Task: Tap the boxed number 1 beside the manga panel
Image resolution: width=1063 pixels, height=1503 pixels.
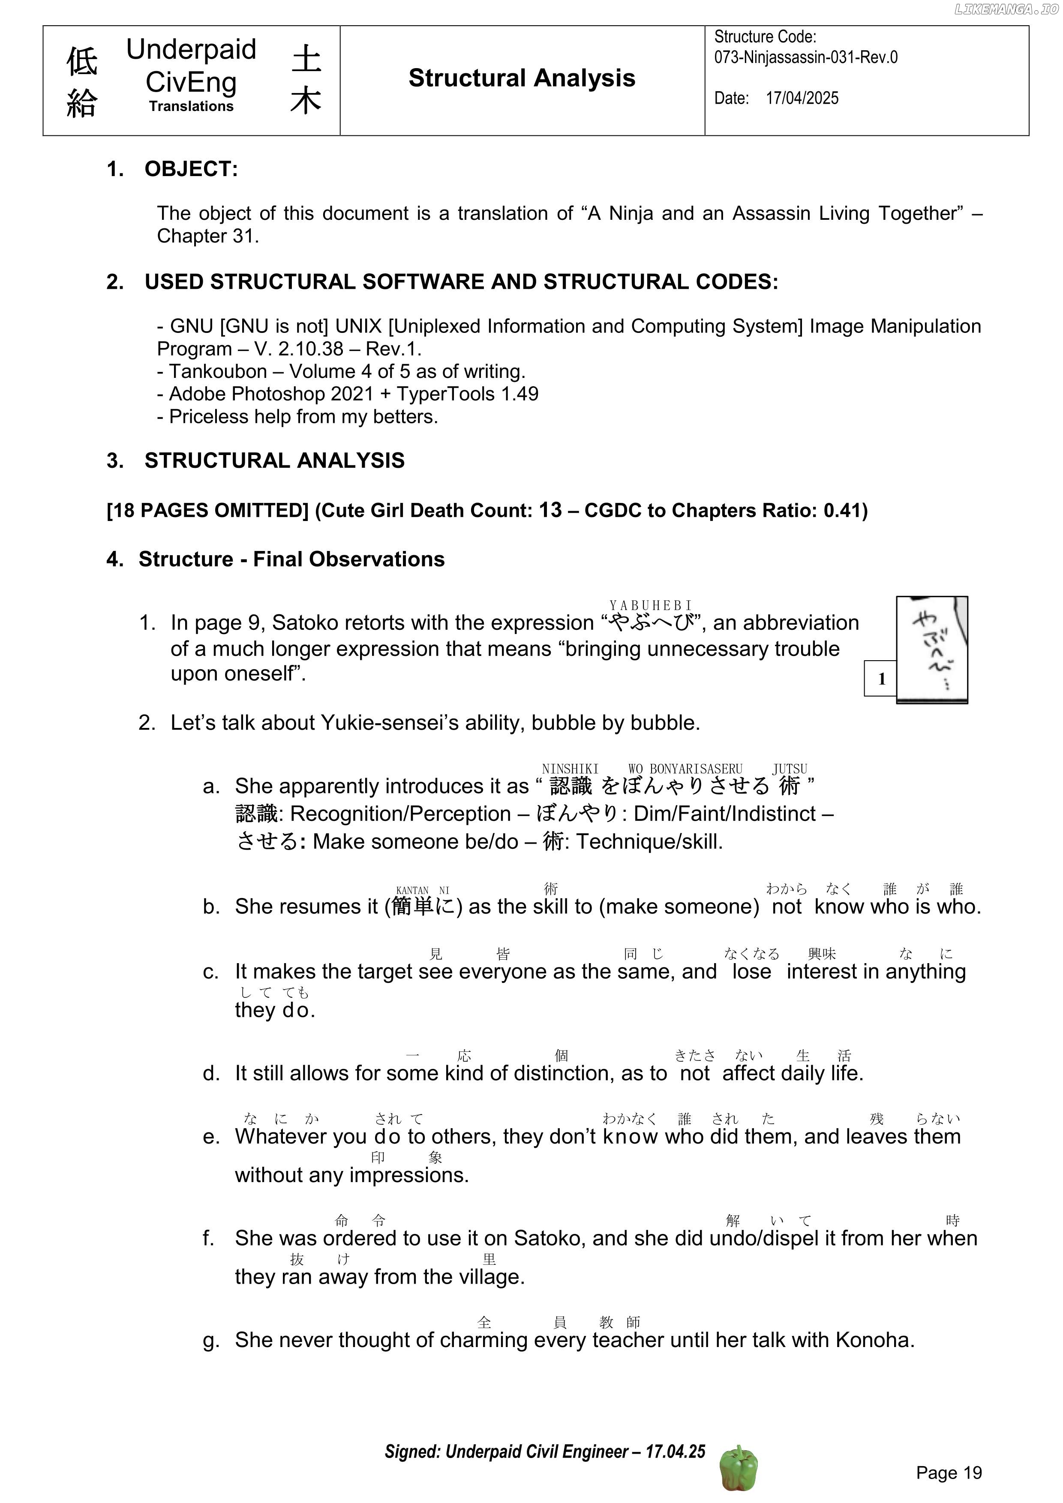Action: (x=881, y=679)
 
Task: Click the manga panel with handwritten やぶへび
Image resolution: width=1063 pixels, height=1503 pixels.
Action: (x=931, y=650)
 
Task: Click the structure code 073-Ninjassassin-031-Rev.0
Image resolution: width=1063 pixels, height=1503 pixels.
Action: (x=805, y=57)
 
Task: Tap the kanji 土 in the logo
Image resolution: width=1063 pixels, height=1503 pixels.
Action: (x=306, y=59)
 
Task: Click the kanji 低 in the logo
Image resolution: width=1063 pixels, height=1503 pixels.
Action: (x=82, y=62)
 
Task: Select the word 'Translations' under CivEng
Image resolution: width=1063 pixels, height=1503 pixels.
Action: (x=191, y=106)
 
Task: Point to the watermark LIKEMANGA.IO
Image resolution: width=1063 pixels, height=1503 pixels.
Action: (x=1006, y=9)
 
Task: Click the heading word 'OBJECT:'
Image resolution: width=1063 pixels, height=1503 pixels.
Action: (x=191, y=169)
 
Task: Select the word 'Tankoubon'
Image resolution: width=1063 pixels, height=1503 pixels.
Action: (x=218, y=371)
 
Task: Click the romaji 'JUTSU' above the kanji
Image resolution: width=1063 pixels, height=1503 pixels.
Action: (x=789, y=769)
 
